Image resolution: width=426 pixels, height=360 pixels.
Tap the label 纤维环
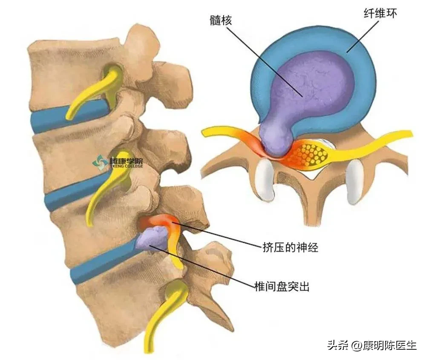(380, 13)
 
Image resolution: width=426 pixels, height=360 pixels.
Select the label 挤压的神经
(290, 247)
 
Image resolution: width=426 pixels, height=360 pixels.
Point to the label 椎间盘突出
(282, 286)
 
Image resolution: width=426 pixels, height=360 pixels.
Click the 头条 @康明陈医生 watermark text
(372, 346)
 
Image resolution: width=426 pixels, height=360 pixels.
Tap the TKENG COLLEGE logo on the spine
(118, 162)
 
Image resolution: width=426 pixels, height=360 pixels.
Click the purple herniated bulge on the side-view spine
(153, 238)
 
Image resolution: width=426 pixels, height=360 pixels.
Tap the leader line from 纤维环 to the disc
(363, 36)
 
